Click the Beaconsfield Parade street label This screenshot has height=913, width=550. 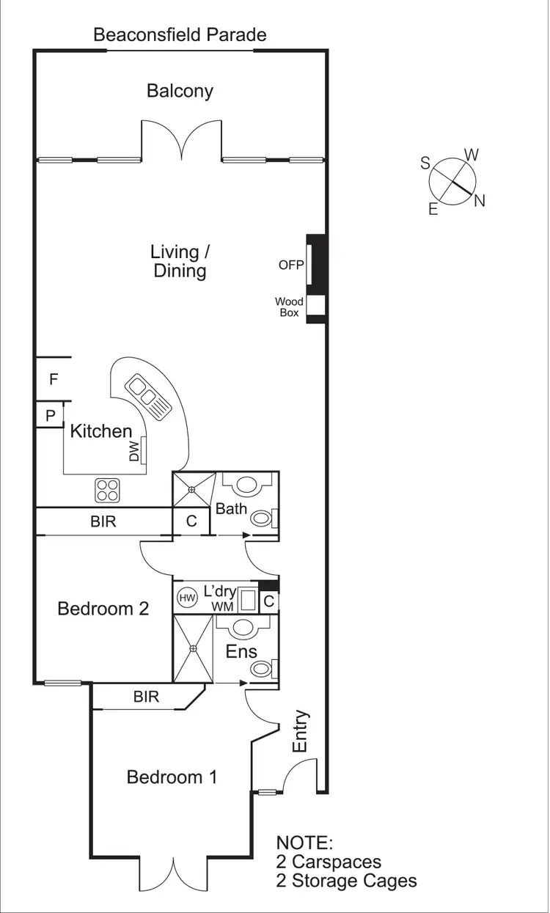(180, 34)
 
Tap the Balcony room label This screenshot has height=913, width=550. (180, 91)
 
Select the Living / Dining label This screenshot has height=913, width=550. (180, 261)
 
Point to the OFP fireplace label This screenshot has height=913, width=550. (290, 265)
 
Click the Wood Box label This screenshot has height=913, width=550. (288, 307)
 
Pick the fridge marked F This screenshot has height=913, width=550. (53, 379)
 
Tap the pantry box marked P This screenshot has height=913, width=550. (51, 415)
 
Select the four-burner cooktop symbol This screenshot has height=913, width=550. (107, 489)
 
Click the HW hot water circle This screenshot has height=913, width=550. (188, 598)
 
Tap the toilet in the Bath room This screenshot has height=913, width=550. (261, 518)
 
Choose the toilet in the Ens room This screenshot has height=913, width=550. (261, 668)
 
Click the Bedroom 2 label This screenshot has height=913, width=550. (103, 608)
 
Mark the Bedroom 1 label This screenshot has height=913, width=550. (172, 777)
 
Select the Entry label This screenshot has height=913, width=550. (300, 731)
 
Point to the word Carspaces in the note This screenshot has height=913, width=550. (335, 862)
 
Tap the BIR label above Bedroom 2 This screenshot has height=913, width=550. (103, 522)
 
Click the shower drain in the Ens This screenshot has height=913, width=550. (193, 648)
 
